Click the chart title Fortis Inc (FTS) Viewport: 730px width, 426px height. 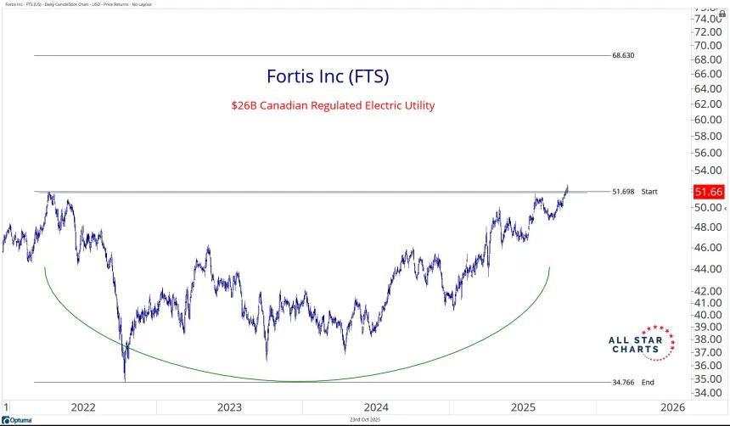(328, 76)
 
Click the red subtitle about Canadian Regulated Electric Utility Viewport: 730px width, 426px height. (333, 106)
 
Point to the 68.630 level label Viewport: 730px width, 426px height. (622, 55)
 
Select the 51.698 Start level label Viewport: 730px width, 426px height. (633, 192)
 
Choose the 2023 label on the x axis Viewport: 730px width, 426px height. (229, 407)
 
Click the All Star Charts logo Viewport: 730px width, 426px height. (642, 341)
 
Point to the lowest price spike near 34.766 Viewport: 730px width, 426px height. (125, 378)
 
